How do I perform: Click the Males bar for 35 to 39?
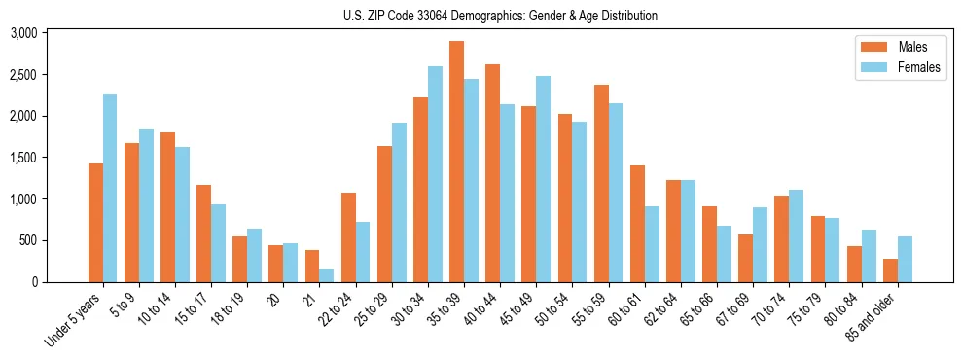pyautogui.click(x=456, y=162)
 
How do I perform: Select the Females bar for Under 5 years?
pyautogui.click(x=110, y=188)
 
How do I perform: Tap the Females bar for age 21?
pyautogui.click(x=327, y=275)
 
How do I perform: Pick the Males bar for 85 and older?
pyautogui.click(x=890, y=270)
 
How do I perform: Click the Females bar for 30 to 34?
pyautogui.click(x=435, y=174)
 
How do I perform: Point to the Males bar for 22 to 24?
pyautogui.click(x=348, y=237)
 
